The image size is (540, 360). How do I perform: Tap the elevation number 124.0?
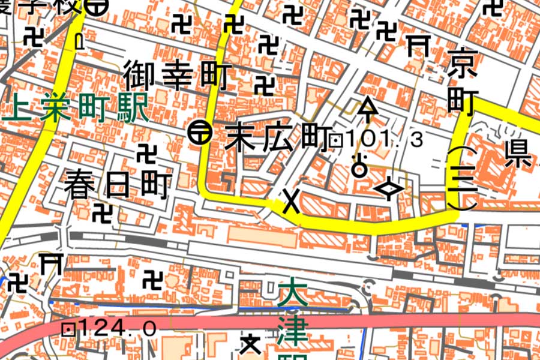[117, 328]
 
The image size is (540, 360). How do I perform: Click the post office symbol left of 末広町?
[199, 133]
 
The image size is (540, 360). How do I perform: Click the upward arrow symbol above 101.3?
[368, 109]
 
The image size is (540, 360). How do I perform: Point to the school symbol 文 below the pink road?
[250, 344]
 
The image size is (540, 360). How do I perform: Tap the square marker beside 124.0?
[69, 328]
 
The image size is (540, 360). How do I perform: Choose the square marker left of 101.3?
[337, 142]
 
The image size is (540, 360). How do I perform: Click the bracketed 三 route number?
[462, 178]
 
